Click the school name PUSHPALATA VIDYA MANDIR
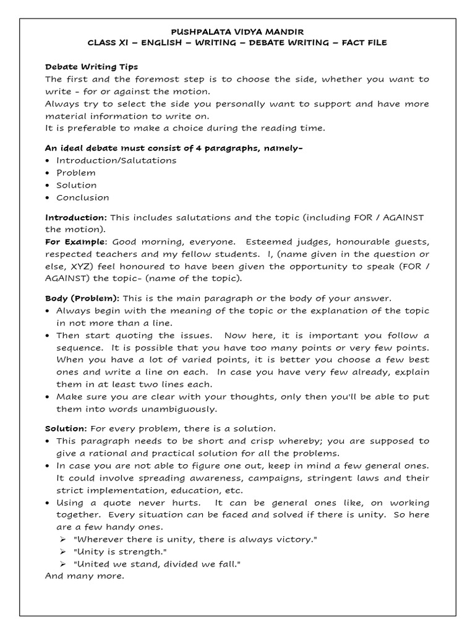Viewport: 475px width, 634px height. click(x=237, y=31)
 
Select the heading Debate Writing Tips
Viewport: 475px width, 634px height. click(x=92, y=66)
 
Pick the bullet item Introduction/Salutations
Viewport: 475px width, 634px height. click(x=116, y=160)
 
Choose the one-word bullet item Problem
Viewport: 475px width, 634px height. click(x=76, y=173)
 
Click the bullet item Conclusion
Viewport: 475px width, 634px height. click(x=82, y=198)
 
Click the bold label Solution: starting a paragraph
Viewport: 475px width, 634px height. click(x=66, y=428)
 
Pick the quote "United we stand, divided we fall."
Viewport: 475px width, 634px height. click(x=156, y=564)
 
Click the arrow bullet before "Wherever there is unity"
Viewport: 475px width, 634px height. click(x=62, y=540)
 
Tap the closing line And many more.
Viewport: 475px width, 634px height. click(x=85, y=576)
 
